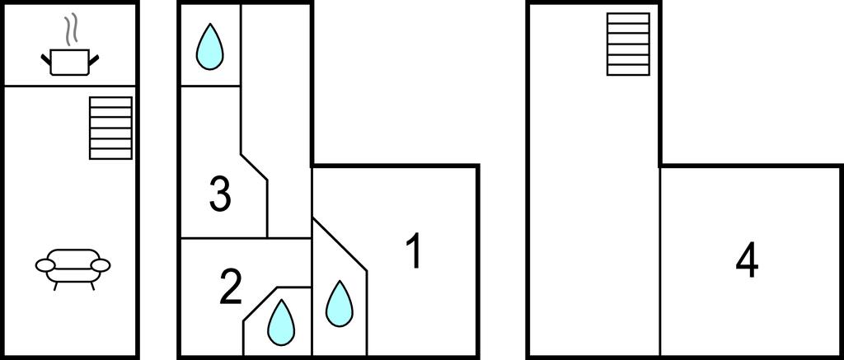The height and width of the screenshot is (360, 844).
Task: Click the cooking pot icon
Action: pyautogui.click(x=70, y=62)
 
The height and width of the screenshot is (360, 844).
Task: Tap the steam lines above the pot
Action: pyautogui.click(x=70, y=30)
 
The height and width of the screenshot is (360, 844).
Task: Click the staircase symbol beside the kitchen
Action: pyautogui.click(x=110, y=128)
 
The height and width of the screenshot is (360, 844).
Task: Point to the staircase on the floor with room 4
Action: pyautogui.click(x=628, y=44)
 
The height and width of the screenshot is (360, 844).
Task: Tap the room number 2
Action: pyautogui.click(x=231, y=288)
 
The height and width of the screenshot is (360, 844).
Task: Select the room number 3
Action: pyautogui.click(x=220, y=194)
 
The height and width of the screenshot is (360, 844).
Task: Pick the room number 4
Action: pyautogui.click(x=747, y=262)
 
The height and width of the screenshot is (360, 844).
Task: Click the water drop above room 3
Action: pyautogui.click(x=209, y=47)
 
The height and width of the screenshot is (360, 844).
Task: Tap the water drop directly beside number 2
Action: pyautogui.click(x=281, y=322)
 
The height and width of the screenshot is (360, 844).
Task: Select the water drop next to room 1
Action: pyautogui.click(x=339, y=304)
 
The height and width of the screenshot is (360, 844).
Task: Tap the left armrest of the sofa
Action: pyautogui.click(x=45, y=264)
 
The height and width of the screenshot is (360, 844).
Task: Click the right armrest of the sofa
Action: pyautogui.click(x=101, y=264)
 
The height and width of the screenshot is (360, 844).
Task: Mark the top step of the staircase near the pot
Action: pyautogui.click(x=110, y=102)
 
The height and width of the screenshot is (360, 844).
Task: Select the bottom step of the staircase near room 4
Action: pyautogui.click(x=628, y=71)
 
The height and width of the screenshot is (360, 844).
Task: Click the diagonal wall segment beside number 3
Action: pyautogui.click(x=254, y=167)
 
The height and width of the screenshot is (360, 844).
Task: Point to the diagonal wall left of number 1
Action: pyautogui.click(x=340, y=245)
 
